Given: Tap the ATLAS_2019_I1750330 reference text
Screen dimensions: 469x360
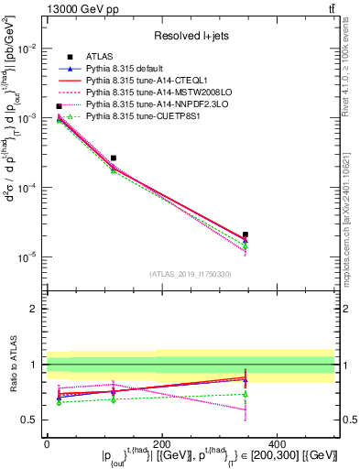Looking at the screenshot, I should point(190,274).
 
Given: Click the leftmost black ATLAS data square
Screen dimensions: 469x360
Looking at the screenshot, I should point(59,106).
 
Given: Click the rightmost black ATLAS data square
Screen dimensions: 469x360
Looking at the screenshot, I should point(245,234).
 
